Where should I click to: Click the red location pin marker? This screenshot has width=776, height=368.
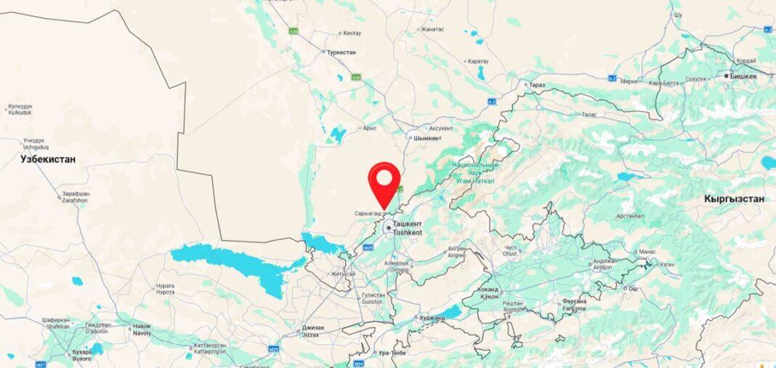tap(384, 181)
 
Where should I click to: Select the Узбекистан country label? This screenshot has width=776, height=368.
tap(48, 159)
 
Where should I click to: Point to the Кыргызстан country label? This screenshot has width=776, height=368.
tap(734, 199)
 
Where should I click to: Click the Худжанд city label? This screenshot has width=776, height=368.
tap(432, 318)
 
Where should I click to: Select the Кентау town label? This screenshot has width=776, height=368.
tap(352, 33)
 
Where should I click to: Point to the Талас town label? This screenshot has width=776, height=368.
tap(589, 114)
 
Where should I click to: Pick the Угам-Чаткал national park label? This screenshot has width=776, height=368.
tap(473, 173)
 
